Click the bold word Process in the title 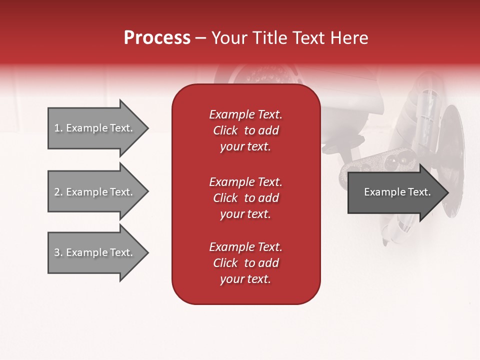click(157, 38)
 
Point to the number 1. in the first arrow click(58, 128)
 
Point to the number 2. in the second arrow click(58, 192)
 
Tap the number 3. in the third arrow click(58, 252)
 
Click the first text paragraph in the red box click(245, 130)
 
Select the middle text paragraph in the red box click(245, 198)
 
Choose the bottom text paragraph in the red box click(245, 263)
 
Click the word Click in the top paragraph click(225, 130)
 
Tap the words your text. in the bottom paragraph click(245, 279)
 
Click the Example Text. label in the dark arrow click(397, 192)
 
